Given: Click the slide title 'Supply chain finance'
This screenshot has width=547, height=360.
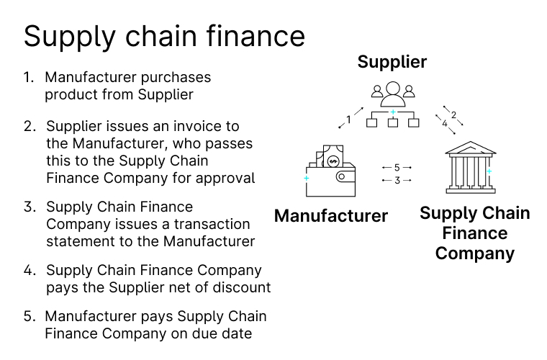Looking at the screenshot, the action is tap(164, 37).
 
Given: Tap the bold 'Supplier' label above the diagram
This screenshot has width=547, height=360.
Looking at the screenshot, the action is tap(392, 62).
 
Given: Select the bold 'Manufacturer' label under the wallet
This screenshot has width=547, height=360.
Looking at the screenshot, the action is tap(331, 215).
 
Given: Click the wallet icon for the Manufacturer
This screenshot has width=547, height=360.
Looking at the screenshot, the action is tap(330, 171).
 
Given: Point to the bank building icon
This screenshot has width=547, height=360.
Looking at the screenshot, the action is tap(471, 167).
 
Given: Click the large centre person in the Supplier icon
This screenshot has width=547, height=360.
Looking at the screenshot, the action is tap(393, 94).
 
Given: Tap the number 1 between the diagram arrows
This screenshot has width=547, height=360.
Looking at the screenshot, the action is tap(348, 120).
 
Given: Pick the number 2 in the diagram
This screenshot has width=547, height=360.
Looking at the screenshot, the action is tap(453, 114).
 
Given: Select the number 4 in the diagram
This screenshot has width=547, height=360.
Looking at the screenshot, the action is tap(445, 124).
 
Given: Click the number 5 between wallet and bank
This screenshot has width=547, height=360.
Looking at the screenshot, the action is tap(397, 168).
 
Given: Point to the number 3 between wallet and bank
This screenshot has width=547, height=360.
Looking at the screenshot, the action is tap(397, 180).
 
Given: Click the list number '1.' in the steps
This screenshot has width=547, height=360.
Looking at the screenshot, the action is tap(29, 77).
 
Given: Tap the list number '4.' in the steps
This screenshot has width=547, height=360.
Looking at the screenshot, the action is tap(30, 270).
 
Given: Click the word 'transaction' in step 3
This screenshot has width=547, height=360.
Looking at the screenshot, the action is tap(212, 225).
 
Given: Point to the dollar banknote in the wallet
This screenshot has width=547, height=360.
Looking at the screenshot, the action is tap(333, 156).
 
